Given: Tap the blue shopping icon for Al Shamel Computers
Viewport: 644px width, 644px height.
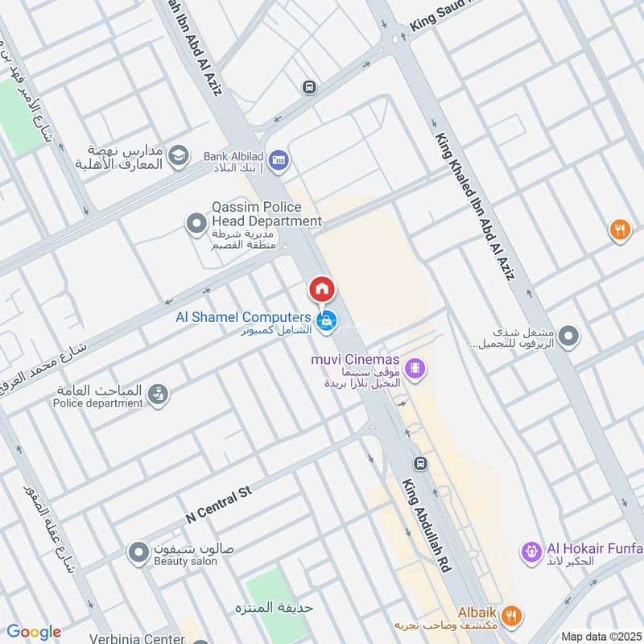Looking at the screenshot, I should click(326, 320).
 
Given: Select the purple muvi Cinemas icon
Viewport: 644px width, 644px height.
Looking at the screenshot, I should click(415, 369).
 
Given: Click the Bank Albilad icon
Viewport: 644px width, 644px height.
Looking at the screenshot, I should click(279, 159).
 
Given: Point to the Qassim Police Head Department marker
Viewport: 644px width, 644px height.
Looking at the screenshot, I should click(196, 224).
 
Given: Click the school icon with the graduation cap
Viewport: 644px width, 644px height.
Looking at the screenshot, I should click(179, 154).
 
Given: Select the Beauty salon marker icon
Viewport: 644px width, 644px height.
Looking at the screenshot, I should click(138, 552).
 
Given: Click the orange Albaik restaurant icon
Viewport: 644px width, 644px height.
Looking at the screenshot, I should click(511, 614).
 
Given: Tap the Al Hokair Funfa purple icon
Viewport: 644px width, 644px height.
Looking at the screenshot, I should click(530, 551).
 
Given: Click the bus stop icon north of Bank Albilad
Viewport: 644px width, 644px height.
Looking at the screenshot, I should click(308, 86).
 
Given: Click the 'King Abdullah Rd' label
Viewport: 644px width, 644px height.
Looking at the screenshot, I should click(426, 525).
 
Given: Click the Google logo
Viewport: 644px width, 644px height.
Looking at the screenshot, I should click(33, 632).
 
